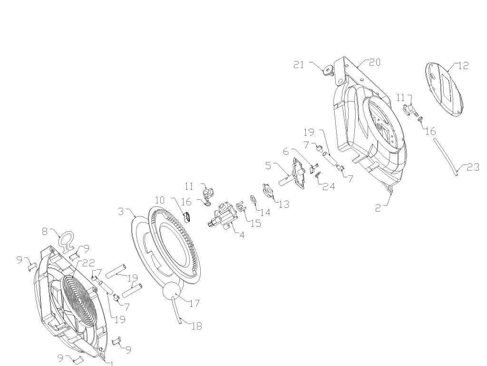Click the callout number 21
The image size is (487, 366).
tap(299, 65)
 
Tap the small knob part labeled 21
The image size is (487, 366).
tap(328, 71)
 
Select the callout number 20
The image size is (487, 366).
tap(375, 62)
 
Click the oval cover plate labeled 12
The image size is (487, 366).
tap(444, 90)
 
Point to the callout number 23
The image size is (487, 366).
tap(473, 168)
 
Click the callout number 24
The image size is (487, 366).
tap(329, 186)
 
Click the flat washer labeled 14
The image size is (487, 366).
tap(253, 199)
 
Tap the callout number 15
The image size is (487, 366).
tap(255, 224)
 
